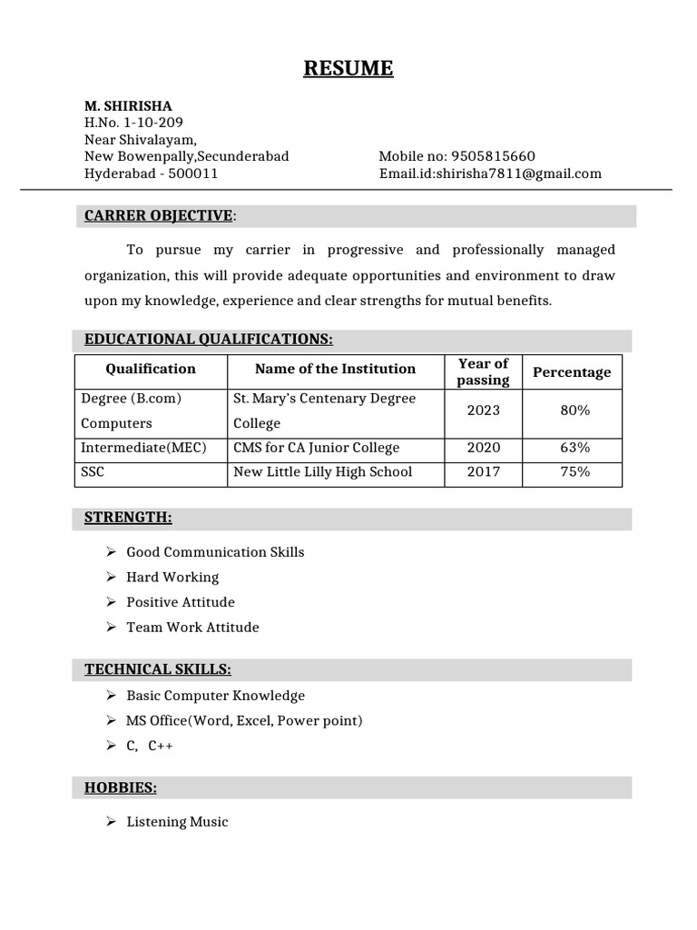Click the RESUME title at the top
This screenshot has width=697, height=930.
(x=348, y=68)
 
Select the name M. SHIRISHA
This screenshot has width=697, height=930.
(x=128, y=106)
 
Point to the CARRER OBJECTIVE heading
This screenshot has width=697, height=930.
(x=159, y=215)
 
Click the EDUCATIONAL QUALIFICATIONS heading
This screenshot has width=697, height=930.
(x=209, y=340)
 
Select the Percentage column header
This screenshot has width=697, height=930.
(x=572, y=372)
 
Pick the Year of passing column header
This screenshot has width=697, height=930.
(x=483, y=372)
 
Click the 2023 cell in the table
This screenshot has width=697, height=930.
(x=484, y=411)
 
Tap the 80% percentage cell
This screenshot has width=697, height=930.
(x=575, y=411)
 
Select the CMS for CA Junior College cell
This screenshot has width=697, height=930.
(x=316, y=448)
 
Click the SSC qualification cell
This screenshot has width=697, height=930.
(x=93, y=472)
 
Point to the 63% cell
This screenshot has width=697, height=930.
(x=575, y=448)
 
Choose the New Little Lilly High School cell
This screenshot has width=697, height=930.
(x=322, y=472)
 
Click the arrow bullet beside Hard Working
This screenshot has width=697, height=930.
(x=111, y=577)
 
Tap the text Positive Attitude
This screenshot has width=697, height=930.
(x=181, y=602)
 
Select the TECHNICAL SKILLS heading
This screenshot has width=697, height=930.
(x=158, y=669)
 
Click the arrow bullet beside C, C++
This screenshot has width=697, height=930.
(x=111, y=746)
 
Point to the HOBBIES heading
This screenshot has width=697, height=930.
(x=121, y=788)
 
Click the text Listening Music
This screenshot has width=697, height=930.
(x=177, y=822)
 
